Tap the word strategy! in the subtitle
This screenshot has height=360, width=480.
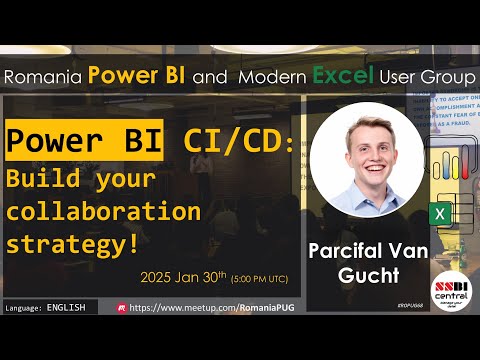point(72,243)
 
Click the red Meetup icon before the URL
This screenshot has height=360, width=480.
point(121,308)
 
